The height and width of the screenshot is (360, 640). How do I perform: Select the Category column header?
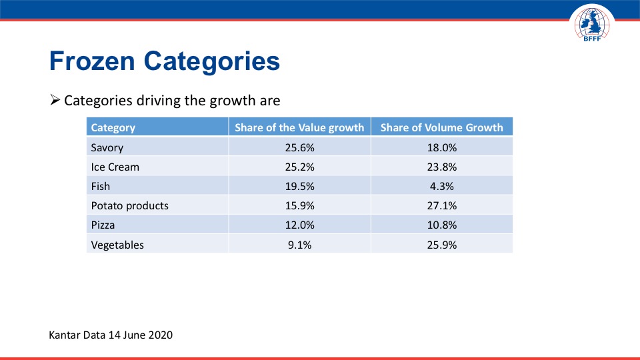click(x=113, y=127)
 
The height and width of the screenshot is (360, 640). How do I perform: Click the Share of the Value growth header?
click(x=299, y=127)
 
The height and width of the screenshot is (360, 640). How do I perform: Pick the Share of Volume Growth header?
click(x=441, y=127)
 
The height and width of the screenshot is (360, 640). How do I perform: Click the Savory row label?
click(x=107, y=147)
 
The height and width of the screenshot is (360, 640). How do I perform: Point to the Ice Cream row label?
click(x=115, y=167)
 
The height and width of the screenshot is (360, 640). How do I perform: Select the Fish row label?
click(x=101, y=186)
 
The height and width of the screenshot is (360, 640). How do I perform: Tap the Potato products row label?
click(x=130, y=205)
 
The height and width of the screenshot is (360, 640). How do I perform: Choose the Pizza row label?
click(x=103, y=225)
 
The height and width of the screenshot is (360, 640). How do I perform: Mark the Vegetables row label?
click(x=117, y=245)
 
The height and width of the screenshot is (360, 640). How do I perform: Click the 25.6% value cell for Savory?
click(x=299, y=147)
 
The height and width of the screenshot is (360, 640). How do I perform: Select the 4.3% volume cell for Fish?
click(x=441, y=186)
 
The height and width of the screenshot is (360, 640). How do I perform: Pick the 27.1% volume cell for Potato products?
click(x=441, y=205)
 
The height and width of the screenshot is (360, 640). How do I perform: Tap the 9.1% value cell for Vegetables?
click(x=299, y=245)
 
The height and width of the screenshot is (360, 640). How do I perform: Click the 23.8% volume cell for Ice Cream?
click(x=441, y=167)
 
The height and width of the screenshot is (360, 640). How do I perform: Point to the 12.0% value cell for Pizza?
click(x=299, y=225)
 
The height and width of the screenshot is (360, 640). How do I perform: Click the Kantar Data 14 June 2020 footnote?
click(x=111, y=335)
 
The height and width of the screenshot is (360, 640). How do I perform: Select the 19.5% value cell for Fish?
click(x=299, y=186)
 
